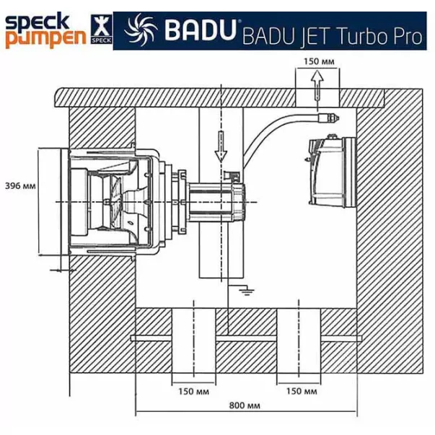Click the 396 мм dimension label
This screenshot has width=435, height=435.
click(20, 185)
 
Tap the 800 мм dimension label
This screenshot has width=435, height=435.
click(245, 405)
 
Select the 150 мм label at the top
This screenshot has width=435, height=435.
click(319, 61)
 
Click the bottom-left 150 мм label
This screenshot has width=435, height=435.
click(193, 392)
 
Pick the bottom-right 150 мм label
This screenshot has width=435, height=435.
click(302, 391)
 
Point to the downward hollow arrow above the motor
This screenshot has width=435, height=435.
click(221, 146)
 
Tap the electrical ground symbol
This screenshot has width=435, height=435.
click(247, 292)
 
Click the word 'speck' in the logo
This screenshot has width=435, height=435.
click(38, 22)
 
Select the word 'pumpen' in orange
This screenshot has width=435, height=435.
click(45, 39)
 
